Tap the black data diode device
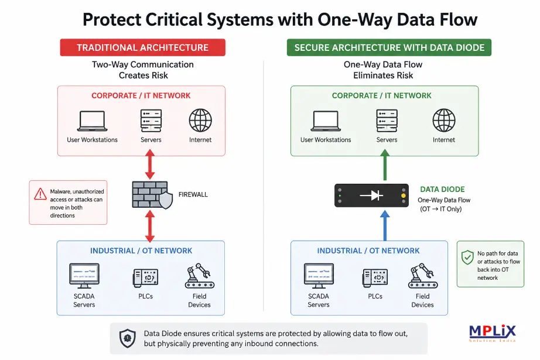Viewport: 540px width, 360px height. click(371, 196)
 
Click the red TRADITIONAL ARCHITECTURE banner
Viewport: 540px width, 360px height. click(142, 47)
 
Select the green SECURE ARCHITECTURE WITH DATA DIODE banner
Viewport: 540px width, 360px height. click(389, 47)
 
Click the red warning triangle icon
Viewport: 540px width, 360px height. click(40, 194)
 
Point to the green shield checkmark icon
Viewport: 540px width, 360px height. click(467, 257)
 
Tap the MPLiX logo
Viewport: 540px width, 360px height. click(493, 333)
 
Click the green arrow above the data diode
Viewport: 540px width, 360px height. click(385, 165)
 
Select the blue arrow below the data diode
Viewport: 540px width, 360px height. click(385, 226)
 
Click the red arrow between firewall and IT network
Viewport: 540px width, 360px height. click(150, 164)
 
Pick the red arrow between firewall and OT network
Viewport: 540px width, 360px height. click(150, 226)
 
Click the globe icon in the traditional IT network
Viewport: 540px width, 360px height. click(200, 121)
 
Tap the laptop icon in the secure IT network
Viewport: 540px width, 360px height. click(326, 121)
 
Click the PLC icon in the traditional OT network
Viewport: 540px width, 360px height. click(145, 277)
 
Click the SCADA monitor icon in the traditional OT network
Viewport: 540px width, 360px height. click(84, 276)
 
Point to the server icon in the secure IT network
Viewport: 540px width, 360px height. click(387, 121)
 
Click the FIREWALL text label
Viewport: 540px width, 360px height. click(193, 194)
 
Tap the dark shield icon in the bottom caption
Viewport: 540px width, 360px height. click(128, 338)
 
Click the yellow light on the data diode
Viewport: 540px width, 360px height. click(404, 196)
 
